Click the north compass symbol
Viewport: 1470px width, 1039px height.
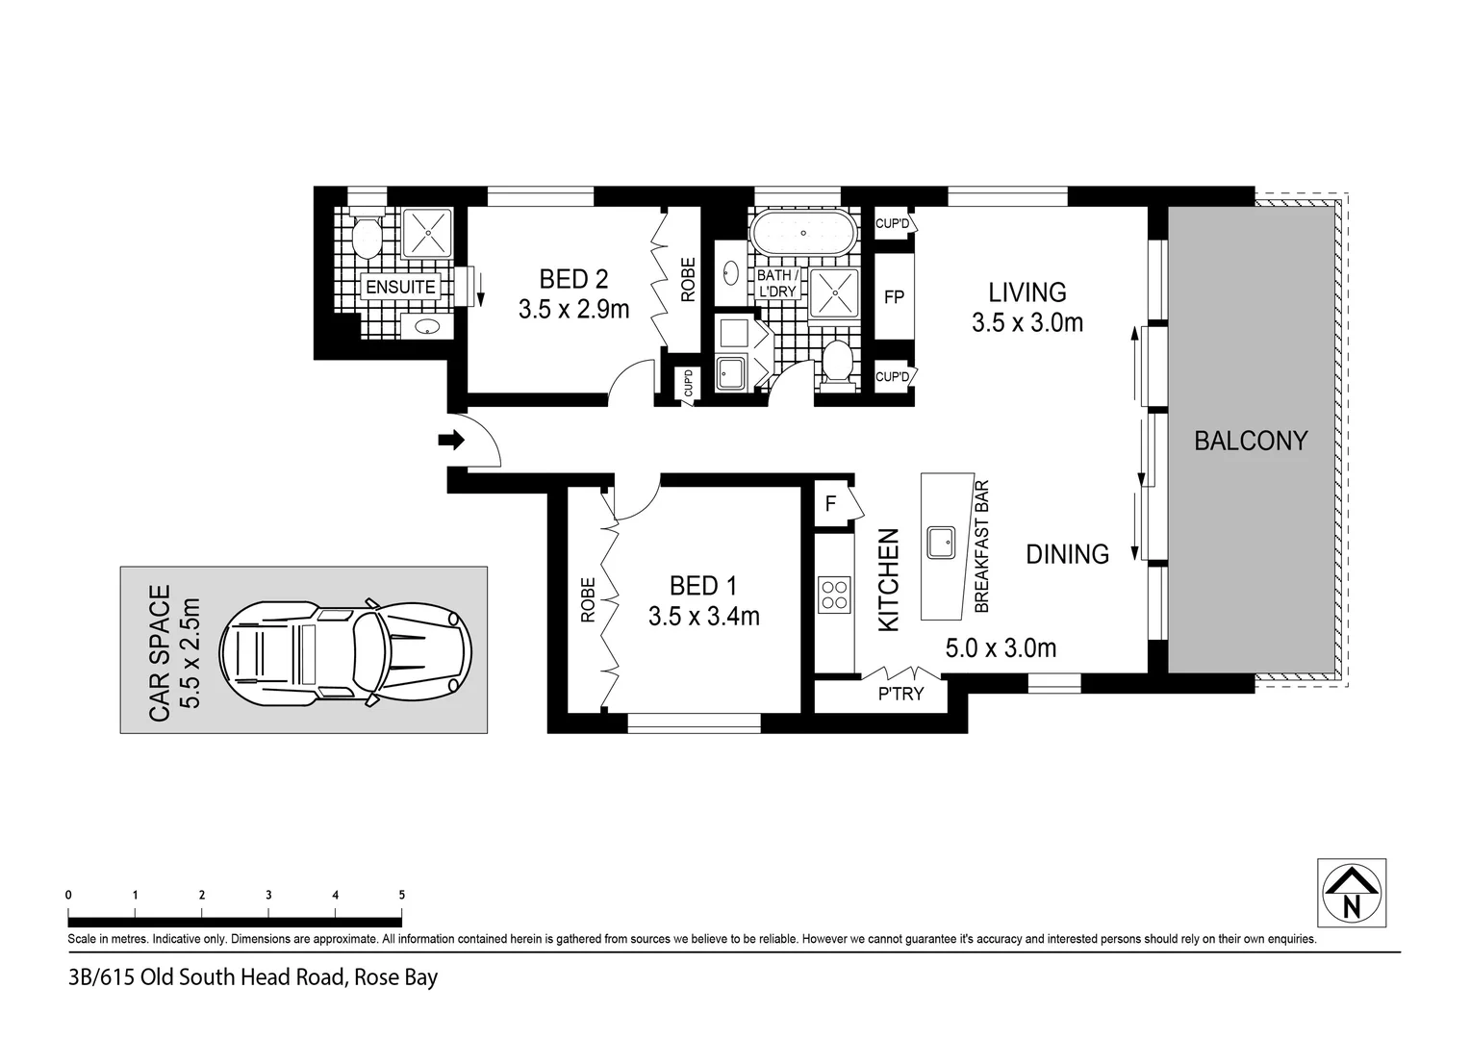(1351, 893)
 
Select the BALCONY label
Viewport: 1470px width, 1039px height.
(1250, 441)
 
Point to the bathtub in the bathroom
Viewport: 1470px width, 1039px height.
(803, 233)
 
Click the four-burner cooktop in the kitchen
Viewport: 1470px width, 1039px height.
(833, 594)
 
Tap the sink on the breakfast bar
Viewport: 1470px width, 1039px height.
(940, 543)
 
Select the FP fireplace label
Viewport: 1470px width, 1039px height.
(894, 297)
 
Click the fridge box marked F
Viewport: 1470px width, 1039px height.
(830, 503)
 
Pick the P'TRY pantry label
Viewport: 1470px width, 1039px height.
(900, 694)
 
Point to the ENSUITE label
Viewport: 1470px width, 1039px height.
(400, 287)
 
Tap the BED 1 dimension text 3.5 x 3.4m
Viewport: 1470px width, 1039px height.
(703, 617)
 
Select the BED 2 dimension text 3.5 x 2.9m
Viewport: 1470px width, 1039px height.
(573, 310)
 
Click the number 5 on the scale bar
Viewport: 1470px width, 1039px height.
(401, 895)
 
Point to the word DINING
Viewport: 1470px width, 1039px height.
(1067, 554)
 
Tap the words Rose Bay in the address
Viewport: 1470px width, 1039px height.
(395, 978)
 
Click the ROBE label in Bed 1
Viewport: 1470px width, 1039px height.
(588, 600)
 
